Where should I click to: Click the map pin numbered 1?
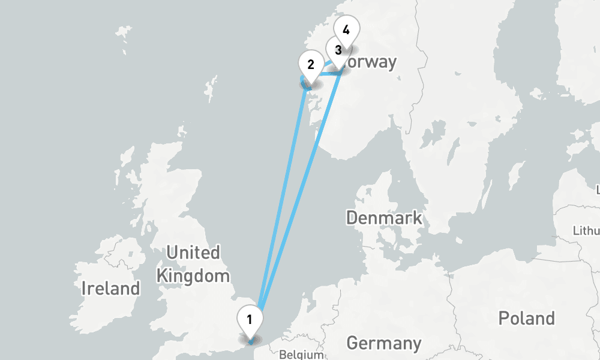[249, 319]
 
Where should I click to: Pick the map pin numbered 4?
[346, 30]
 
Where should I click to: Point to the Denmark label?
[384, 217]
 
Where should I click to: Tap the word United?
[193, 253]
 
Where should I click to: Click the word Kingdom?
[193, 276]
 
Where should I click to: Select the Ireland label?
[110, 289]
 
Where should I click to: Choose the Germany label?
[384, 344]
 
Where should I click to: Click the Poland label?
[526, 318]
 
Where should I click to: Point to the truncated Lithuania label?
[586, 230]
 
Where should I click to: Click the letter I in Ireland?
[83, 289]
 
